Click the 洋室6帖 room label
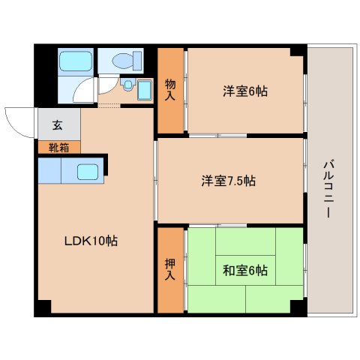245,92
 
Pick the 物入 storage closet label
170,91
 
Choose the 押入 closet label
170,270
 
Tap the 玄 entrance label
57,125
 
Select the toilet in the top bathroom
125,61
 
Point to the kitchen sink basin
88,172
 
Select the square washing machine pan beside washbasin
145,91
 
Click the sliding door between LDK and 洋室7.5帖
155,180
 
